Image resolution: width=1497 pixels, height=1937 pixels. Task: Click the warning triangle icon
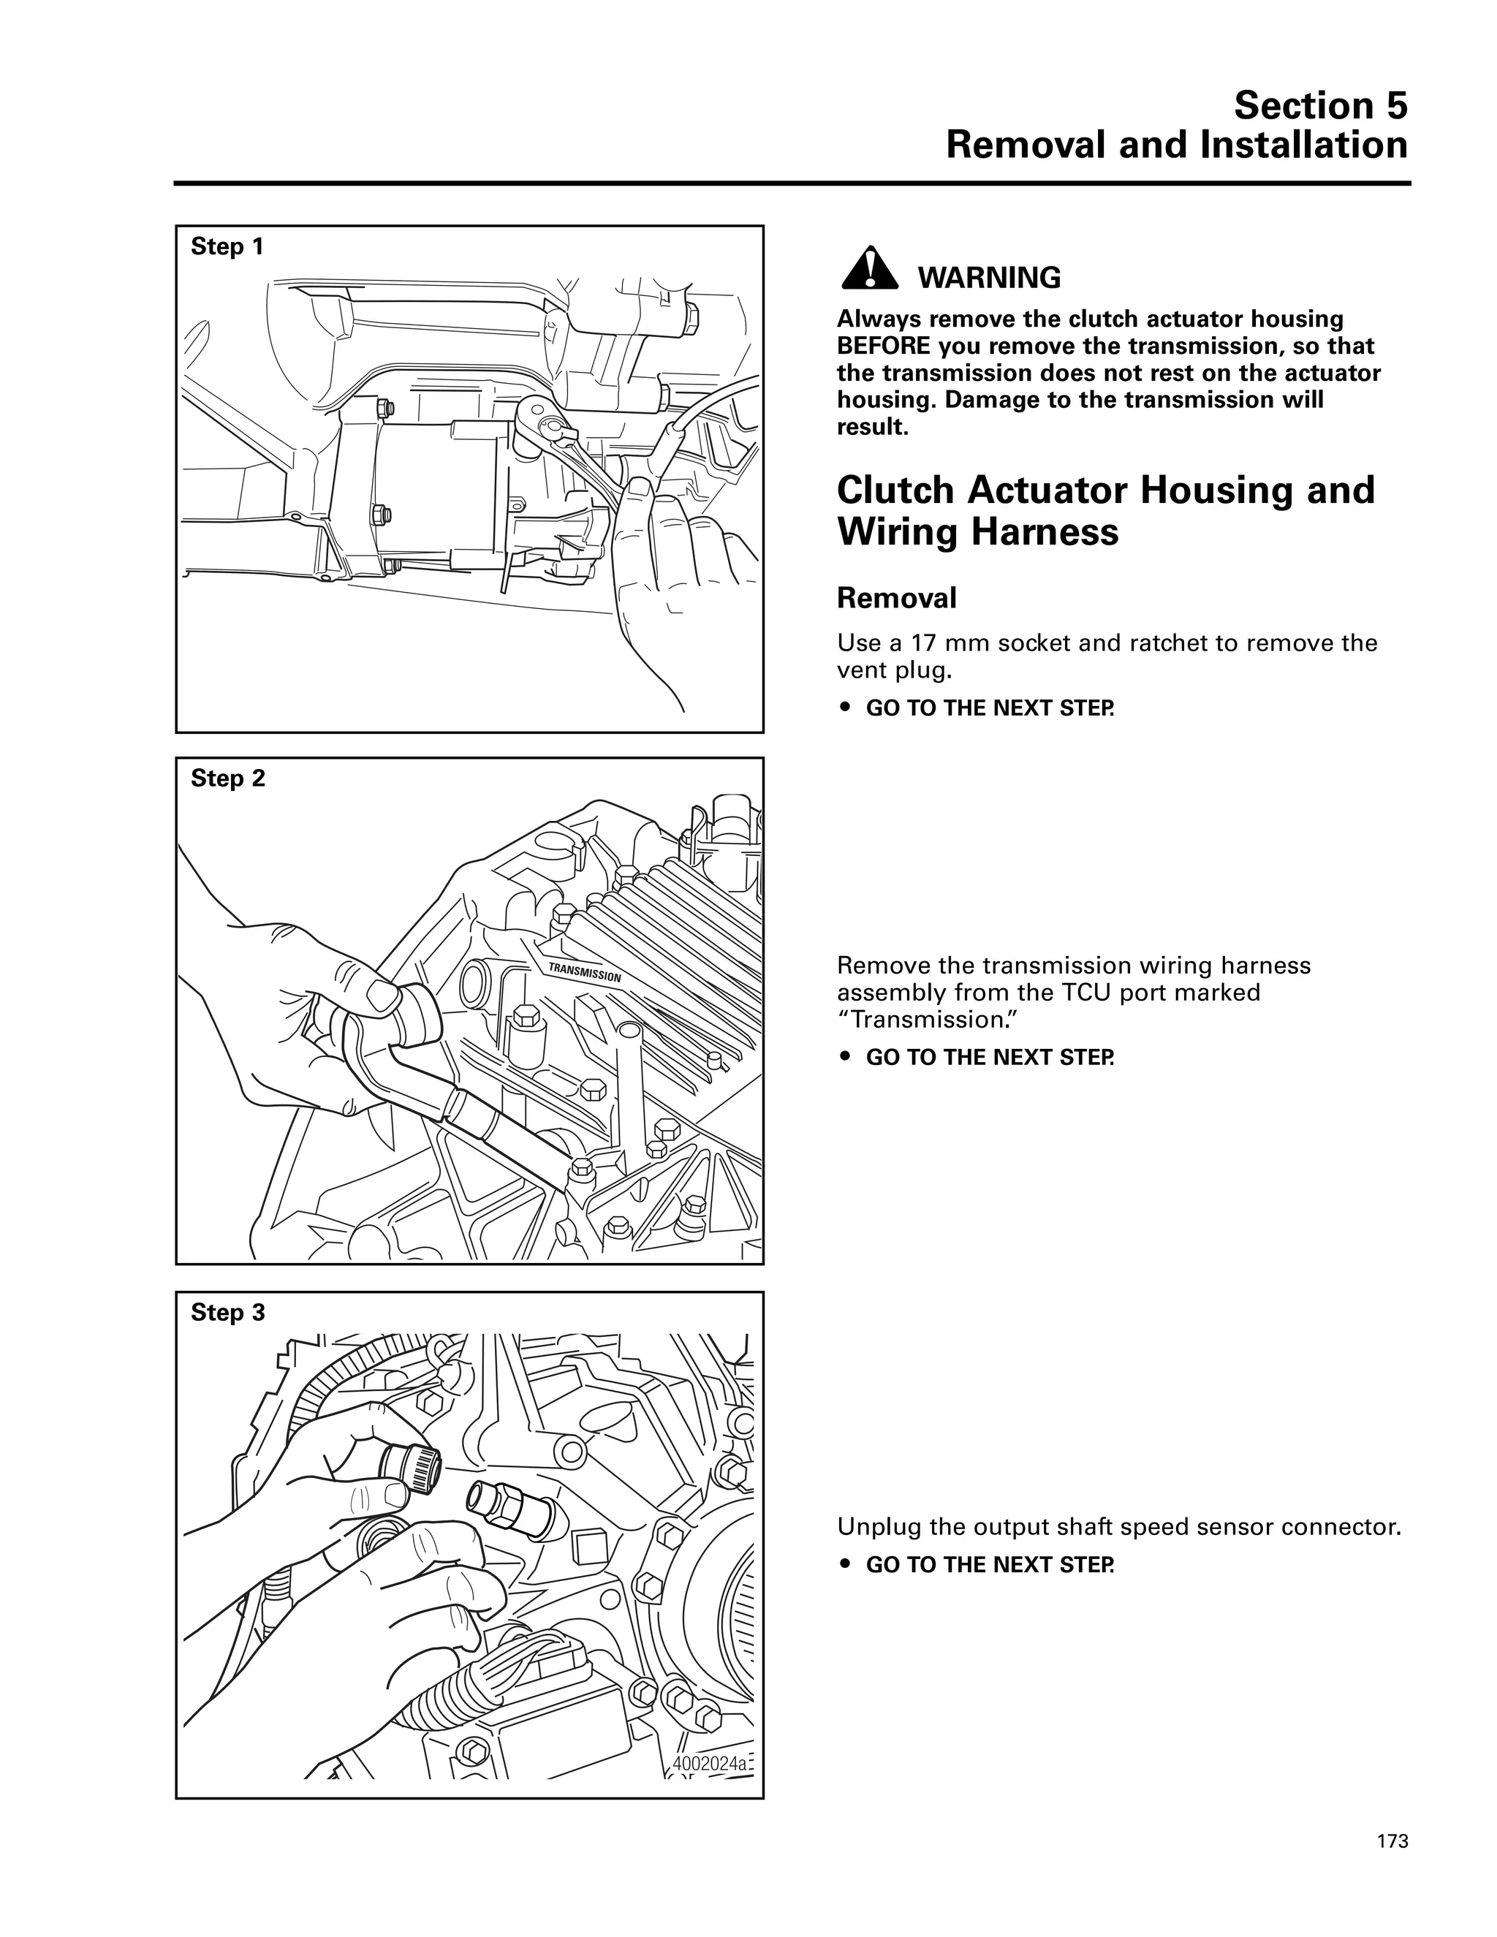click(870, 267)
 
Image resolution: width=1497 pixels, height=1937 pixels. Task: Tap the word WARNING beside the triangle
click(989, 278)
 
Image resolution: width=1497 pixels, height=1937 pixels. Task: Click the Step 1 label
click(227, 246)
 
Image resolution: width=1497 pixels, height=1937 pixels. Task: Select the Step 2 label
click(228, 778)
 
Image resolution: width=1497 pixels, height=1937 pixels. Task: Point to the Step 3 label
click(228, 1313)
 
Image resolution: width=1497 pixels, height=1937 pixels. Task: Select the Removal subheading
click(897, 598)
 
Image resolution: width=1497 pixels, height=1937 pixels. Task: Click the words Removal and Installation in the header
click(1177, 145)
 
